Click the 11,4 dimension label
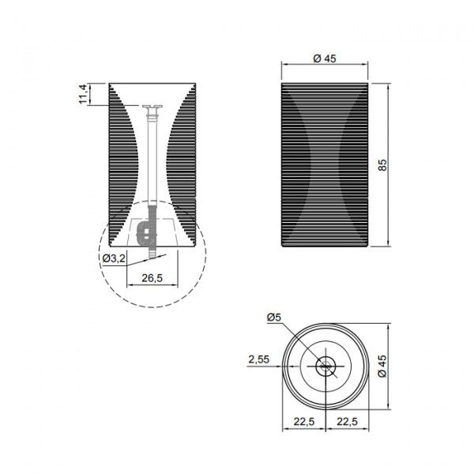click(83, 94)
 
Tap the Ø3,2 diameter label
click(114, 258)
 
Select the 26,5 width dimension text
click(152, 278)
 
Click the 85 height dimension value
click(382, 165)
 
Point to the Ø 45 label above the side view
click(325, 58)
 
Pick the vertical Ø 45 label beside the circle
click(382, 366)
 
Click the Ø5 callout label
click(274, 317)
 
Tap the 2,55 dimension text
click(259, 359)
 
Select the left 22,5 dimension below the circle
click(304, 421)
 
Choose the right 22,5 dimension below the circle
click(347, 421)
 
